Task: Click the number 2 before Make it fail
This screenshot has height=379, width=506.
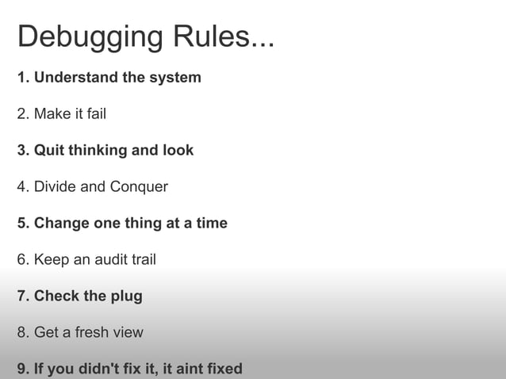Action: pos(21,114)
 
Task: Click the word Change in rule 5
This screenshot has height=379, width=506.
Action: pos(62,224)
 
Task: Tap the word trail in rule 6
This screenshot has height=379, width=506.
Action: pos(141,260)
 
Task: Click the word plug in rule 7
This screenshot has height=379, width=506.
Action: pos(126,297)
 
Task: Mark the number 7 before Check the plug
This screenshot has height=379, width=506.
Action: pos(21,297)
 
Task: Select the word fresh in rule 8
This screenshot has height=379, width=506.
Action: pos(90,333)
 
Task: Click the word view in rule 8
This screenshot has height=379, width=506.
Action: pos(128,333)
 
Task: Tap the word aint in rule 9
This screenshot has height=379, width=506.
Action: pos(188,369)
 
